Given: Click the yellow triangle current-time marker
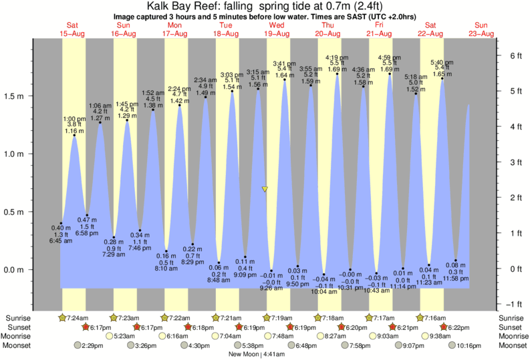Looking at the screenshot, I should (x=265, y=190).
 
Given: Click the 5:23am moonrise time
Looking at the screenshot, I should (x=125, y=336).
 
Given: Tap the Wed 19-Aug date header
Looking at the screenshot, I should (x=276, y=29).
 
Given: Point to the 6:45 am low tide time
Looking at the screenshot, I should (x=60, y=240).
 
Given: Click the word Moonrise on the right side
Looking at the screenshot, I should (x=513, y=336).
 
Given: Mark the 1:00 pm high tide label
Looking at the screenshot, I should (x=75, y=119).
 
